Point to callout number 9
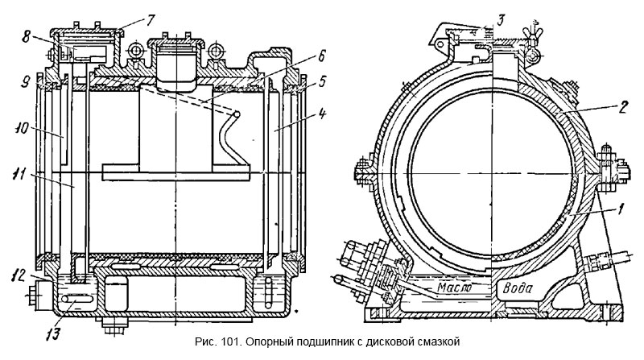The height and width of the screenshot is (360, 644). [x=27, y=81]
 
